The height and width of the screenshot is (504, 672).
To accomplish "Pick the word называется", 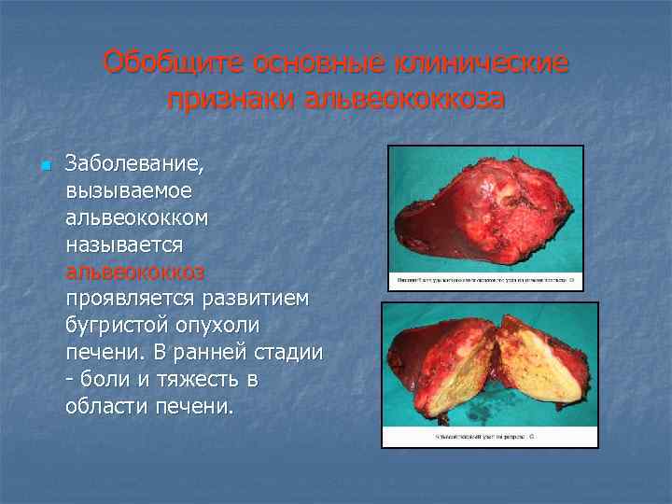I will coord(124,245).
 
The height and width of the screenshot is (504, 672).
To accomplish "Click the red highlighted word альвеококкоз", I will coord(135,272).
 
